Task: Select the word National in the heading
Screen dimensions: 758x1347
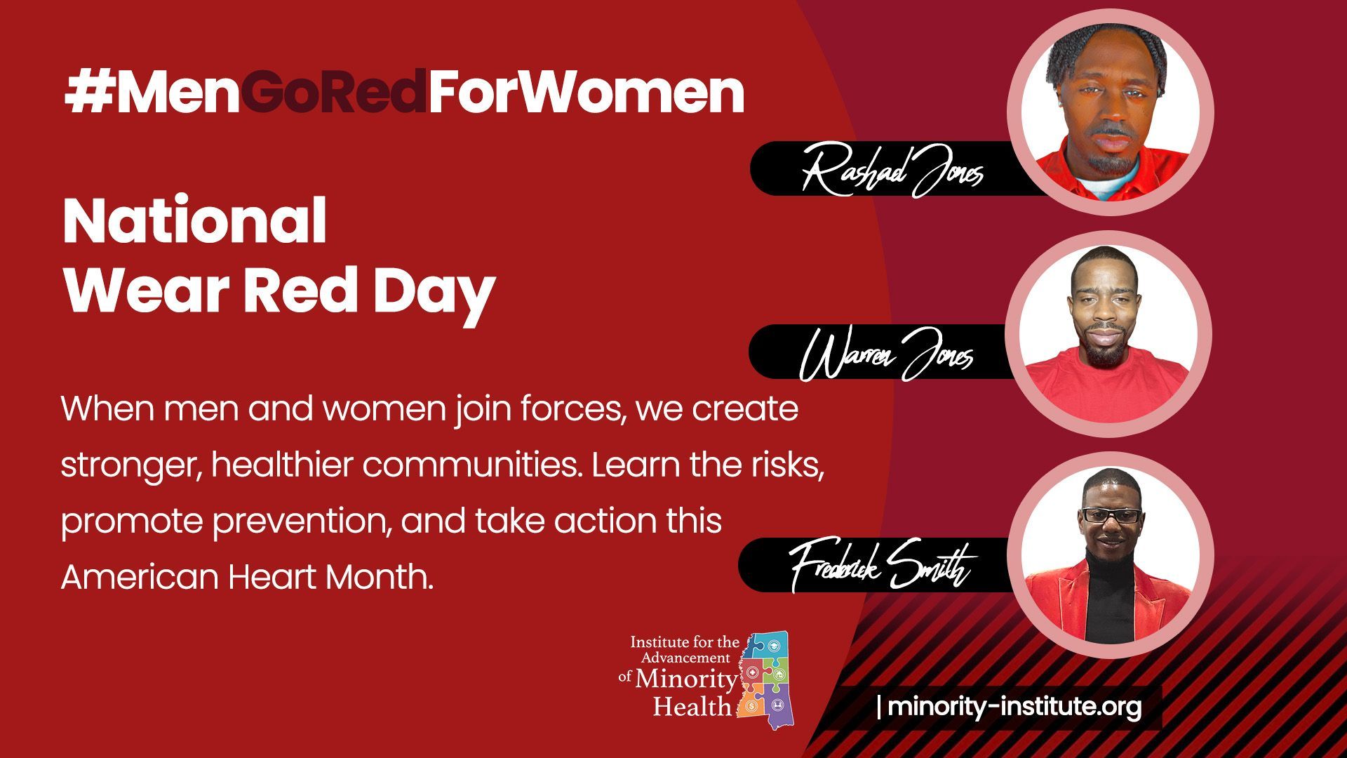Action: [195, 220]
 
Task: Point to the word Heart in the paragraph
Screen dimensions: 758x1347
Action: [274, 577]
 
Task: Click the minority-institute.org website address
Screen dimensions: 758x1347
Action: [1014, 706]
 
